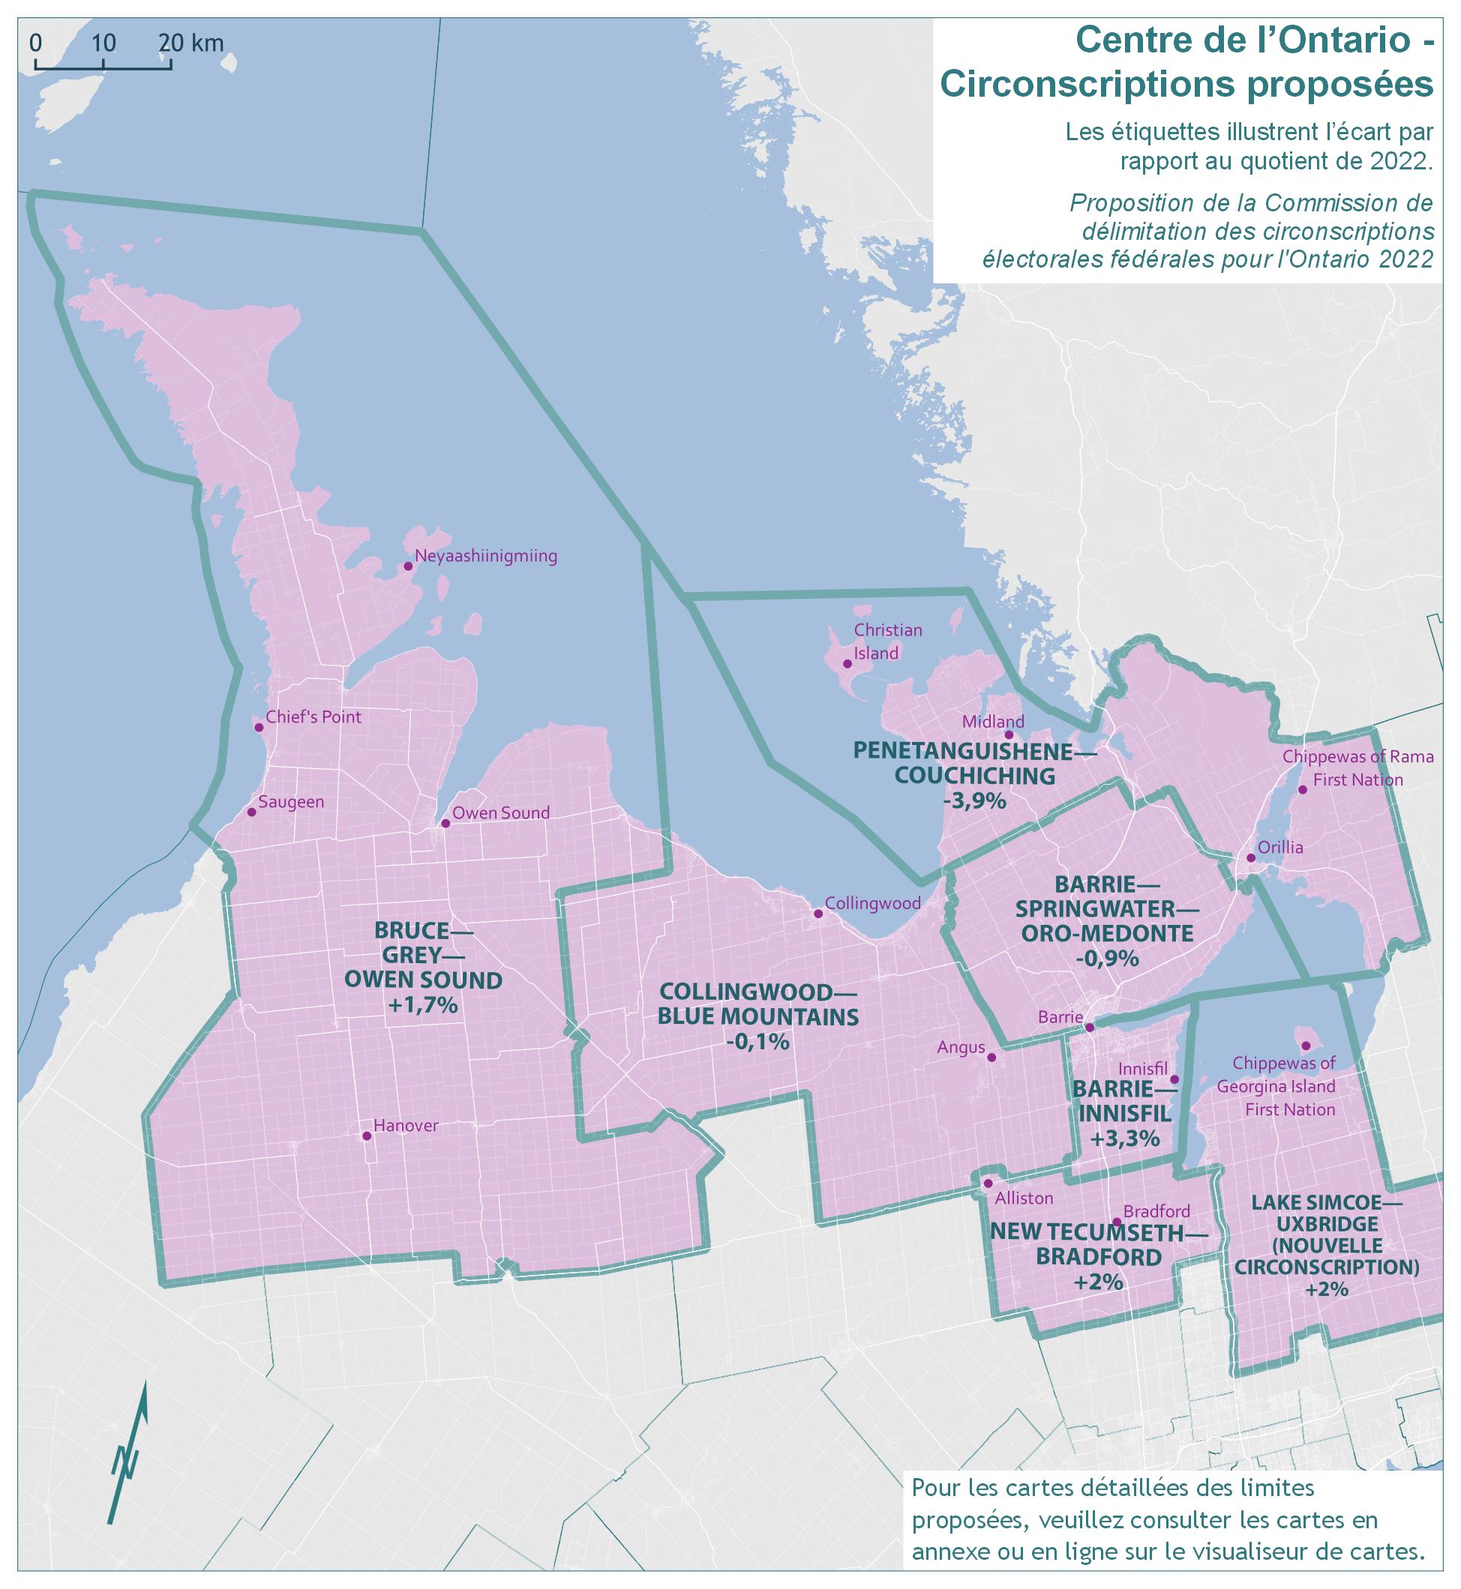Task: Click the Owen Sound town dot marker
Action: point(445,823)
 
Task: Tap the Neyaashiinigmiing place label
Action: point(485,556)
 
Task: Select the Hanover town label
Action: point(406,1126)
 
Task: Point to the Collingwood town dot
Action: point(818,914)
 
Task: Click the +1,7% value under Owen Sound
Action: point(423,1006)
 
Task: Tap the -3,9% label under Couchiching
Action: point(974,801)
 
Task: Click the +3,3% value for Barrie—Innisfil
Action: point(1124,1139)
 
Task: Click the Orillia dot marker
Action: point(1251,858)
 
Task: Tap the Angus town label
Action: point(961,1048)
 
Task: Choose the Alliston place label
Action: point(1024,1198)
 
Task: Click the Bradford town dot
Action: point(1116,1222)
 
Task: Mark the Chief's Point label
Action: point(313,717)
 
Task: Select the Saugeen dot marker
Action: point(251,812)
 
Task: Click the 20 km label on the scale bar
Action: point(190,43)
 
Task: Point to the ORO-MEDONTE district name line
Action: point(1107,933)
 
